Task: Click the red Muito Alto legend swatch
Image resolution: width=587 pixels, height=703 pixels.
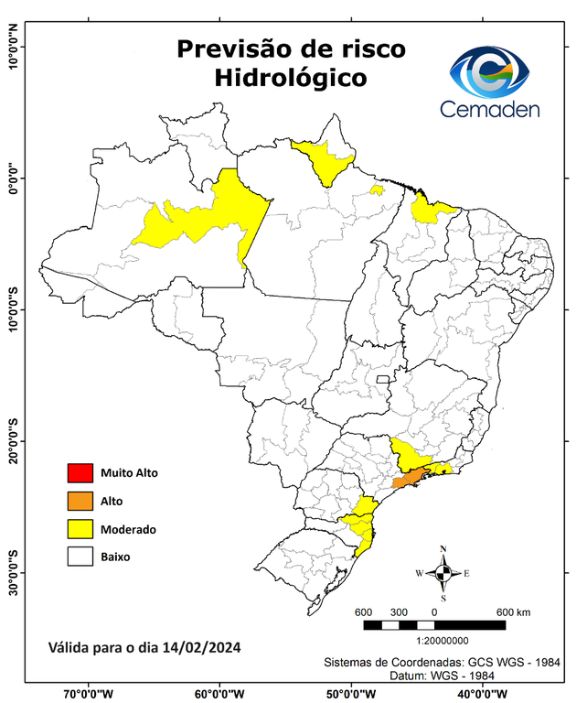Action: (80, 473)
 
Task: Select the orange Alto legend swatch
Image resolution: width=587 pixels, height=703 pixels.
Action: (80, 501)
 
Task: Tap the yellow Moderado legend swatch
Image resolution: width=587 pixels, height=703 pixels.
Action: (80, 528)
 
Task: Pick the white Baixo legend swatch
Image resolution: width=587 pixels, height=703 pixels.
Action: (80, 556)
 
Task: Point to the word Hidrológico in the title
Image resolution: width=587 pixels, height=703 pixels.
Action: (291, 79)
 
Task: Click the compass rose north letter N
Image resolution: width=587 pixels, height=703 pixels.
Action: (443, 549)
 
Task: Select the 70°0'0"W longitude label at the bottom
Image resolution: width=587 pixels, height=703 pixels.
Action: (89, 694)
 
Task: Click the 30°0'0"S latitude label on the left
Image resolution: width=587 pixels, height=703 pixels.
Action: (13, 573)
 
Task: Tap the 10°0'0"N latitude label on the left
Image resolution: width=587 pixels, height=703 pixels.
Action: (13, 49)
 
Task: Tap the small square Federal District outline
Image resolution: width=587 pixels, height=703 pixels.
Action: (382, 377)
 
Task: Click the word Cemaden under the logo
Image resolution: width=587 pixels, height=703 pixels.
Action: (490, 110)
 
